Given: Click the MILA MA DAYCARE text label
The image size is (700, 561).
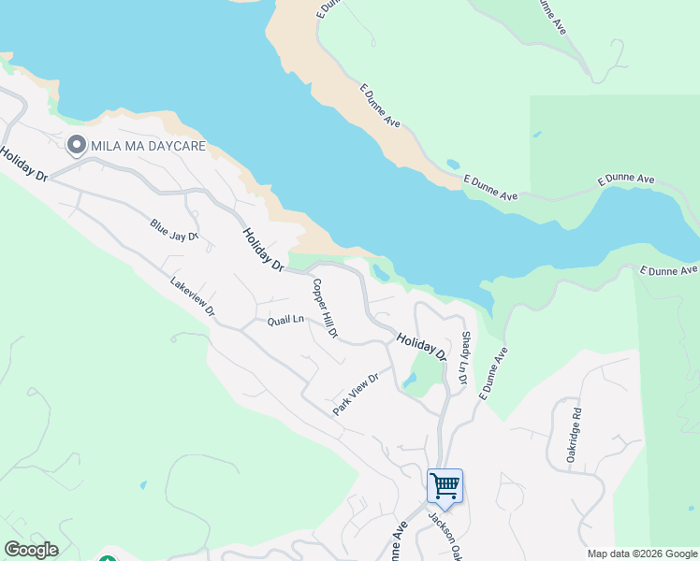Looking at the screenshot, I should pos(148,147).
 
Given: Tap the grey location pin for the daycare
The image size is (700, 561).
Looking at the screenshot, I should pos(76,146).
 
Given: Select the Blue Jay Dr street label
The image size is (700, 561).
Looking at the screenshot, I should pos(175,230).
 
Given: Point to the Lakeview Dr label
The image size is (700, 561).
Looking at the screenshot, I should pos(193,296).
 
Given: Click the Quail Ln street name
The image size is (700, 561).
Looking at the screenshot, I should pos(285,320).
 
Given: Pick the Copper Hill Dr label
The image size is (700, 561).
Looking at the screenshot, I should pos(324,309).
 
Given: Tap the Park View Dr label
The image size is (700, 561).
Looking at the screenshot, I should pos(355,395).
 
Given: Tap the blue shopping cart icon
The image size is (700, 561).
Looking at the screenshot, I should pos(445,485).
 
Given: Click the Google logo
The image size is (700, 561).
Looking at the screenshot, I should pos(31,550).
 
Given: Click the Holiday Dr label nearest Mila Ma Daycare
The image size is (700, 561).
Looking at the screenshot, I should pos(24,164).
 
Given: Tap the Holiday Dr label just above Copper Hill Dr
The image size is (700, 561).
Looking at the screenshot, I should pos(263,250).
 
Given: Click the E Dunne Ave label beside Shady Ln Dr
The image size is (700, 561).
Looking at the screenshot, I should pos(493,375).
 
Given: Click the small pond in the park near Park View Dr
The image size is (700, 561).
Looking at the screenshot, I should pos(410,381).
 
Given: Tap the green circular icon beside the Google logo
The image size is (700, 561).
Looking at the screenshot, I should pos(108,558).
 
